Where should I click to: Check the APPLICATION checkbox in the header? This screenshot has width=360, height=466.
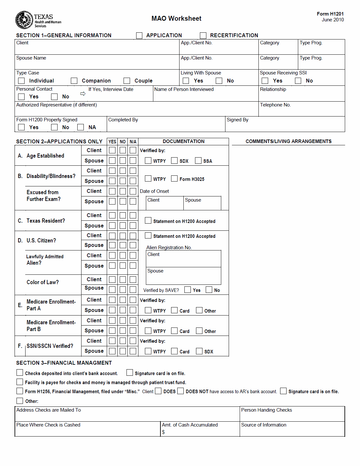click(139, 35)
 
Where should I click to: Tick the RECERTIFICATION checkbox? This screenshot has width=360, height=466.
click(203, 35)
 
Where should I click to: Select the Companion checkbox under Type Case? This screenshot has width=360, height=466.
click(74, 81)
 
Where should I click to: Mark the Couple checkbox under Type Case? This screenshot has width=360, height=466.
click(127, 81)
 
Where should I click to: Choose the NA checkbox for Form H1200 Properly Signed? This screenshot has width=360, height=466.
click(81, 127)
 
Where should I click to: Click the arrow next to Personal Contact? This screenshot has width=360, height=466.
click(83, 94)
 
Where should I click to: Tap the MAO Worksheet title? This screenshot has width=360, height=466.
click(176, 18)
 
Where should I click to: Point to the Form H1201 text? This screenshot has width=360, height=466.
click(330, 14)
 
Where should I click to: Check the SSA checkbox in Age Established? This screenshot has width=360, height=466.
click(198, 161)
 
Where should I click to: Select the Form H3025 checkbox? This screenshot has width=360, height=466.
click(174, 179)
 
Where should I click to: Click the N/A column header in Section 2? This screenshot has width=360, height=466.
click(133, 142)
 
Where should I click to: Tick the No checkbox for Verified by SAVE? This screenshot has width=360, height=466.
click(209, 290)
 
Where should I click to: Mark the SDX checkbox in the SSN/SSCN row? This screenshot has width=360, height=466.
click(199, 351)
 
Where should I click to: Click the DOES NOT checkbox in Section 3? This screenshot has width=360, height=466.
click(180, 391)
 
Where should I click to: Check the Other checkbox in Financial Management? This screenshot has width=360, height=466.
click(20, 401)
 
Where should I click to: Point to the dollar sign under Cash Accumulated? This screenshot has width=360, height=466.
click(163, 432)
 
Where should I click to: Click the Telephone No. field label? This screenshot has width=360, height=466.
click(275, 105)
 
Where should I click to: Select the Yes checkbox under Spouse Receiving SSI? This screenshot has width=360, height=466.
click(265, 81)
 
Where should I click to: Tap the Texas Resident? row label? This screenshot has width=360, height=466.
click(46, 221)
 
